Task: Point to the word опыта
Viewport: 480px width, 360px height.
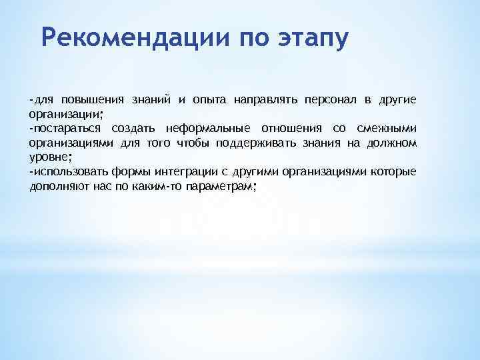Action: click(x=206, y=100)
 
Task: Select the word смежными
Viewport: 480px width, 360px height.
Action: click(x=387, y=129)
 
